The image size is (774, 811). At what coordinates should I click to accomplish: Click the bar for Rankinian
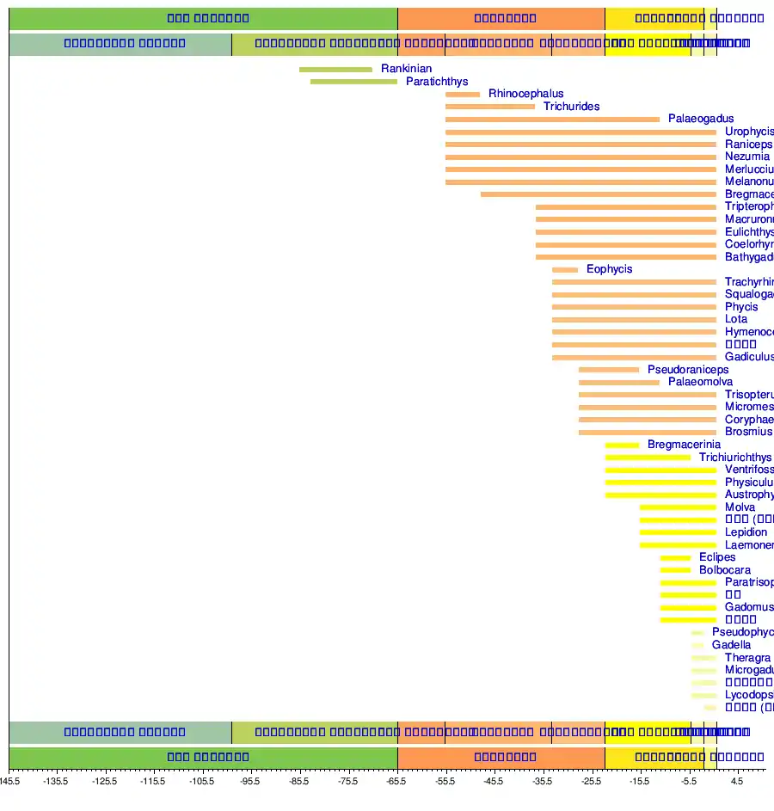pos(335,70)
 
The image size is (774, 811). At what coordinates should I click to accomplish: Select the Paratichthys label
pos(437,82)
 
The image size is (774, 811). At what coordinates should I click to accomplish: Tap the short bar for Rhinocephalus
pos(463,95)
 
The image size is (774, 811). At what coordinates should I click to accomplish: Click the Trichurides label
pos(571,107)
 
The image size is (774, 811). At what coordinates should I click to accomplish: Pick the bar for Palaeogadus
pos(552,120)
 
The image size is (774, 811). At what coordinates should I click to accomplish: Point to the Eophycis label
pos(609,269)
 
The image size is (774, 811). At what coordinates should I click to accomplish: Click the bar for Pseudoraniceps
pos(609,370)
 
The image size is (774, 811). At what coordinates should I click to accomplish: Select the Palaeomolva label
pos(700,382)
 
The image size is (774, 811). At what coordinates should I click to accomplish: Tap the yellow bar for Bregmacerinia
pos(622,445)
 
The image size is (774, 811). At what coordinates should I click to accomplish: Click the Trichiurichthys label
pos(735,458)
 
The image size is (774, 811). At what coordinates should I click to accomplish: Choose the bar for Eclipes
pos(675,558)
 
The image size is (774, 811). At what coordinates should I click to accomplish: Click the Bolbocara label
pos(724,570)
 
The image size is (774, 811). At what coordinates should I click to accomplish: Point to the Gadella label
pos(731,645)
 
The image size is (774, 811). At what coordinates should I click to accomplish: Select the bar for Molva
pos(678,507)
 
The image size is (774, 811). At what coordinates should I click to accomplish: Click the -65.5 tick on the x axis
pos(396,782)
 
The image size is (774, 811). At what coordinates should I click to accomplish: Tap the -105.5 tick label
pos(202,782)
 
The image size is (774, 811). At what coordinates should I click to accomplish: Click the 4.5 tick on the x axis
pos(736,782)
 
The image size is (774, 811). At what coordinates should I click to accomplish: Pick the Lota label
pos(736,319)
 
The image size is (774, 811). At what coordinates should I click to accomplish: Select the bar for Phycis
pos(634,307)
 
